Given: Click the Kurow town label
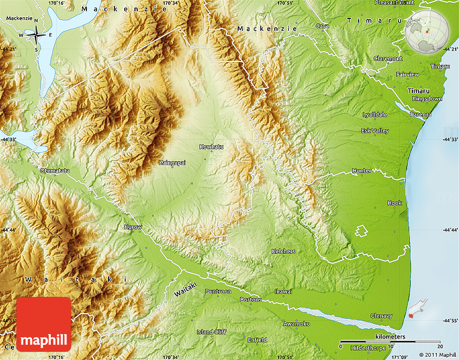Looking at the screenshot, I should point(133,227).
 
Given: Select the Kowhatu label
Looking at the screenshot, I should point(211,147).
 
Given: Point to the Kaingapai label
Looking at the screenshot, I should point(172,162).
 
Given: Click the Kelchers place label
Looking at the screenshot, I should point(283,252).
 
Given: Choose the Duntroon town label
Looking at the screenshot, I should point(218,291).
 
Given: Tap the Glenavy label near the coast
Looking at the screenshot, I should point(381,316).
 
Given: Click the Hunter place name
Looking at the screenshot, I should point(361,171).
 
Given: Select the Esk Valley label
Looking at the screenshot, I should point(375,131).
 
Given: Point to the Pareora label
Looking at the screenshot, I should point(421,114).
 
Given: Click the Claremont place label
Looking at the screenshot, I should point(388,58).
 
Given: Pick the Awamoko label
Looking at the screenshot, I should point(296,324).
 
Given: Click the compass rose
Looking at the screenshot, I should point(36,36).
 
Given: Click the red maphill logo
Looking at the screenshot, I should point(44,324).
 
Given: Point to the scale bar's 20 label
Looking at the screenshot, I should point(440,346).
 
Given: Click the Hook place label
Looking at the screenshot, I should point(394,203).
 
